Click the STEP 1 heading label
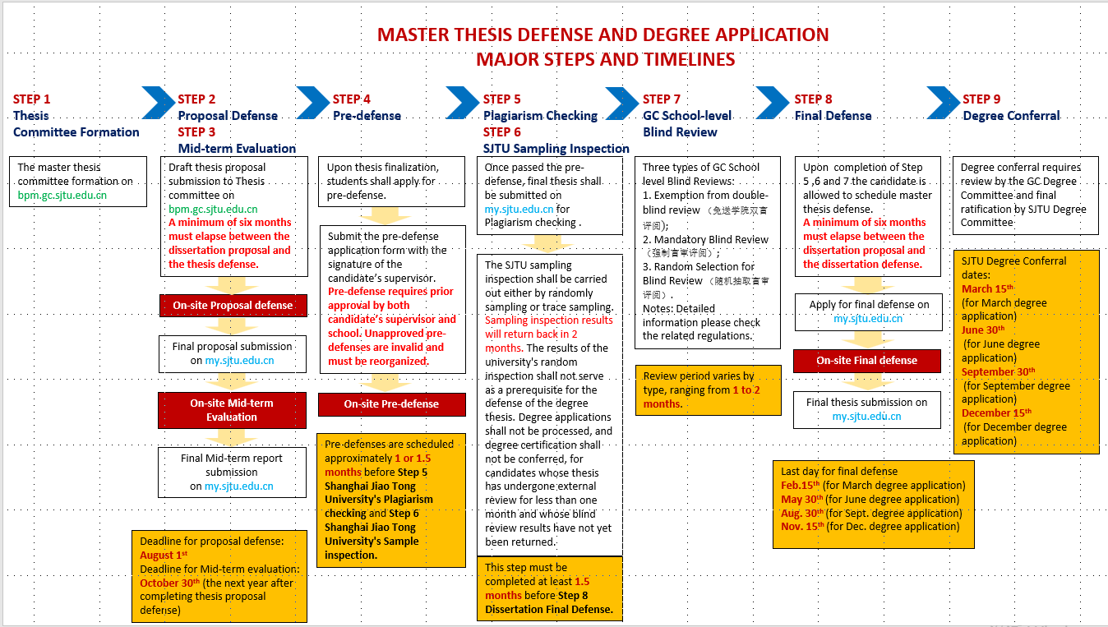[32, 99]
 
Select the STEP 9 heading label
[981, 99]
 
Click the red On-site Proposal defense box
[233, 306]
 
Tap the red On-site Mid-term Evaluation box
[232, 410]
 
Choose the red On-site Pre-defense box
[391, 404]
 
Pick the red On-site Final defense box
[866, 361]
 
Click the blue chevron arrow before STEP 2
[158, 103]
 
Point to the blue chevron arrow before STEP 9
[942, 103]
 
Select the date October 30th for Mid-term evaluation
[170, 583]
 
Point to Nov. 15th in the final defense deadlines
[802, 527]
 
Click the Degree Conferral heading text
[1011, 116]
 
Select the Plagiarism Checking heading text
[540, 116]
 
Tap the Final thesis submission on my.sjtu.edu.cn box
[866, 409]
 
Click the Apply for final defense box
[869, 311]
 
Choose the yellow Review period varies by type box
[708, 390]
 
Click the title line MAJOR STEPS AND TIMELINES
[605, 59]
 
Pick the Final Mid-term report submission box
[232, 473]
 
